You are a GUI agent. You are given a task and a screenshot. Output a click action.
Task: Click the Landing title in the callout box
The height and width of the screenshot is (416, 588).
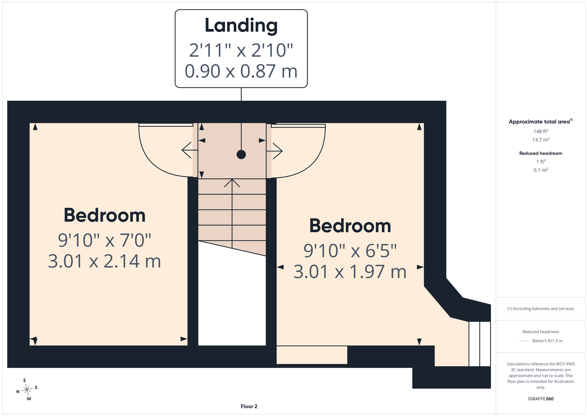tap(241, 26)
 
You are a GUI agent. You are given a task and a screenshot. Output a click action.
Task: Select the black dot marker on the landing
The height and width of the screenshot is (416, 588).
tap(241, 155)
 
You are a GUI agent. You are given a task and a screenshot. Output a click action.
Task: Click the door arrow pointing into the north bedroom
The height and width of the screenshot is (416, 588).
tap(189, 150)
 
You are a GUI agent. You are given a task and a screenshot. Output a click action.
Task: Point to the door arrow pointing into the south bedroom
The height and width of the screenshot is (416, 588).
tap(274, 151)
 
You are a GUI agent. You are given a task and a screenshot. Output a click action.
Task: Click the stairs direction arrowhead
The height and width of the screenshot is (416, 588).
tap(232, 183)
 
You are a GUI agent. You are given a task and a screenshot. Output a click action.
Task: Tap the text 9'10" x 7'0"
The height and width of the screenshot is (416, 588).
tap(104, 240)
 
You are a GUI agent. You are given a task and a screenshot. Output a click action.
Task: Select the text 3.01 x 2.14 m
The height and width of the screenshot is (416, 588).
tap(104, 261)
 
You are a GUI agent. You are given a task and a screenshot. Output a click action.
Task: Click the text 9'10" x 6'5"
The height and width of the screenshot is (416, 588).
tap(350, 250)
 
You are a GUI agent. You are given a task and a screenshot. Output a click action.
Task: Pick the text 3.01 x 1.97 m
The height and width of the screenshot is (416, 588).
tap(350, 271)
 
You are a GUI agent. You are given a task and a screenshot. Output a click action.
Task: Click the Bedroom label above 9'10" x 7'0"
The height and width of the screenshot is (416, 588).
tap(104, 215)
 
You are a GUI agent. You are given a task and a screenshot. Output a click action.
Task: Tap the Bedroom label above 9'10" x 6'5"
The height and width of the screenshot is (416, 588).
tap(350, 226)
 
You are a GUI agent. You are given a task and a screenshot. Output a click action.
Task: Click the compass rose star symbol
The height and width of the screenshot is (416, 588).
tap(27, 389)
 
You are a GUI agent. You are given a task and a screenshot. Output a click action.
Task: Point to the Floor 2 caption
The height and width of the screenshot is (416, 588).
tap(249, 406)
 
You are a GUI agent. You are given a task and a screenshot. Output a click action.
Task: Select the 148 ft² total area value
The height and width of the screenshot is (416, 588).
tap(541, 131)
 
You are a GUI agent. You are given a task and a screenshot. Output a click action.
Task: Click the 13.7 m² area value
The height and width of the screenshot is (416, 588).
tap(541, 140)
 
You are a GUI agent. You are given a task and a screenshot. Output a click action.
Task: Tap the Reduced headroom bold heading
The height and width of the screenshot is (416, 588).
tap(541, 153)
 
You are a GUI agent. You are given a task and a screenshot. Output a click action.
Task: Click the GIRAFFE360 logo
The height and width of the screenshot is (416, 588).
tap(541, 399)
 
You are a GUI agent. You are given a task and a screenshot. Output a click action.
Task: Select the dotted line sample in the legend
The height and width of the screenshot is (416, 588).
tap(524, 341)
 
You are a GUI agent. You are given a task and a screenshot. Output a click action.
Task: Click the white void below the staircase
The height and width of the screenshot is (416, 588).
tap(232, 297)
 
